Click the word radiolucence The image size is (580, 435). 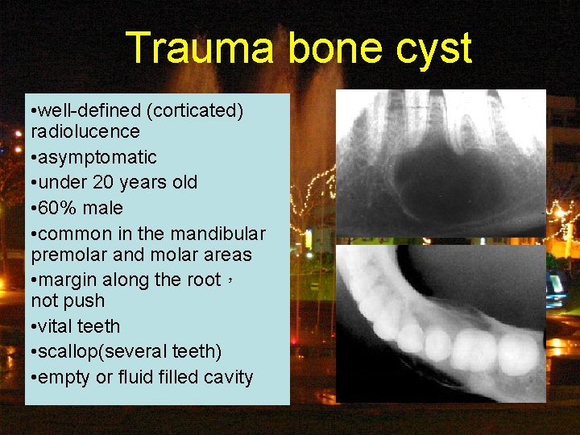[85, 131]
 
